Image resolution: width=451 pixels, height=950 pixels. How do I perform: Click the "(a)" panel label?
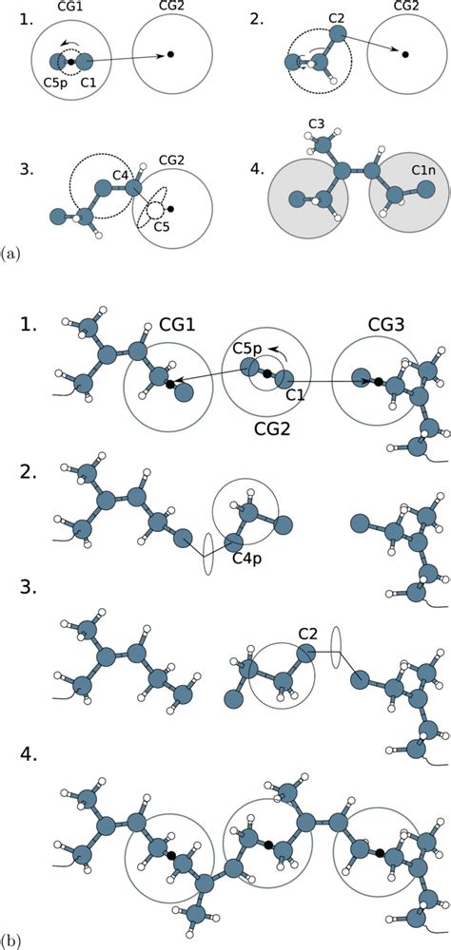(11, 252)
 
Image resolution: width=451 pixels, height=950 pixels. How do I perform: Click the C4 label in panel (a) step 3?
(120, 176)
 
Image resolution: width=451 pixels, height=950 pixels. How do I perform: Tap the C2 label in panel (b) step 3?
(308, 633)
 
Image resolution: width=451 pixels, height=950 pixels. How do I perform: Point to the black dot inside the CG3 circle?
(378, 382)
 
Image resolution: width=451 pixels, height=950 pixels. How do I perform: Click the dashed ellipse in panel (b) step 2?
(208, 554)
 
